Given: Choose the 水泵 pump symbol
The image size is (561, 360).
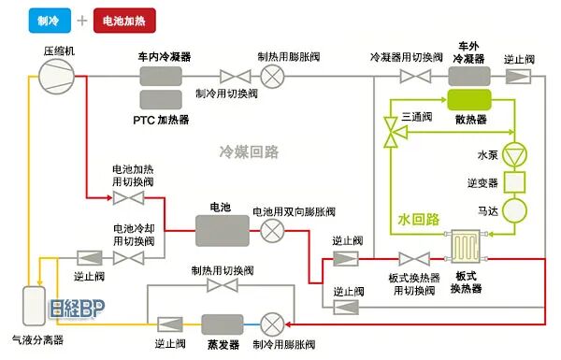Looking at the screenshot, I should tap(515, 153).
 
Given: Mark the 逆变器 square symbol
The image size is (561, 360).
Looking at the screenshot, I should tap(515, 180).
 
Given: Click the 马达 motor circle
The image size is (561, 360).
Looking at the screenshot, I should tap(515, 209).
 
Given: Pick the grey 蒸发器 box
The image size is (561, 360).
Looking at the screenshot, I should tap(222, 324).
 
